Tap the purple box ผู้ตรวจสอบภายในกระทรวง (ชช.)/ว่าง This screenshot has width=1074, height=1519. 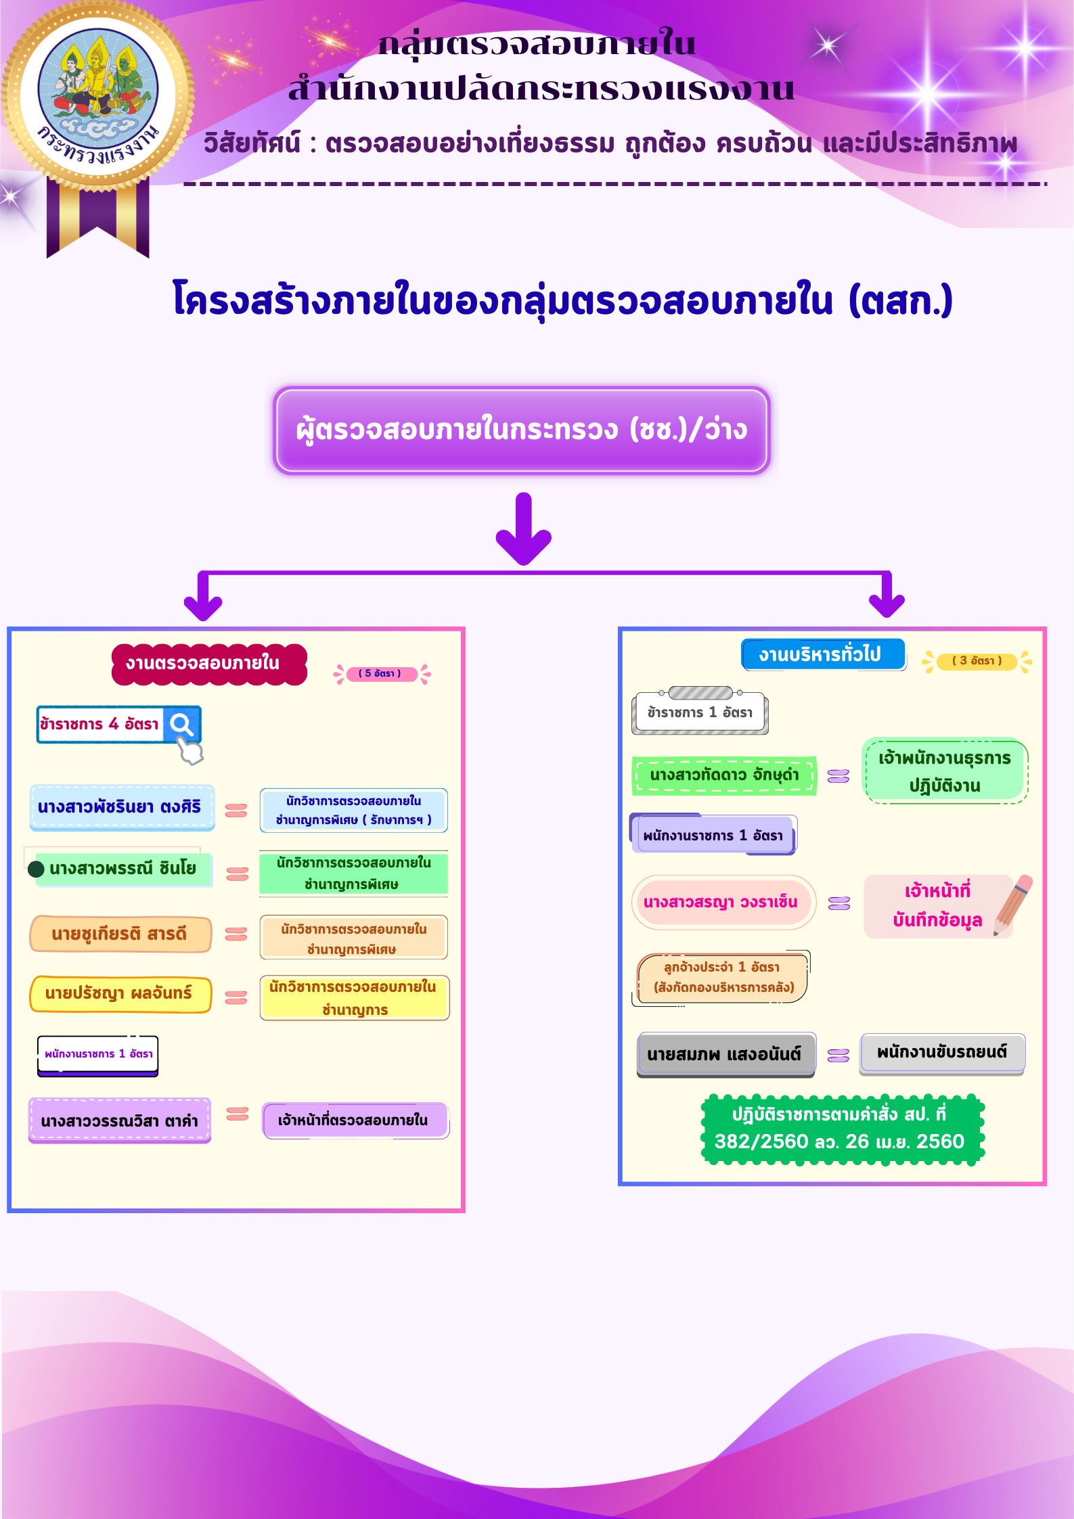(x=521, y=430)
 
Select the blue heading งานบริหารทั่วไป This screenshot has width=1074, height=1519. (x=822, y=654)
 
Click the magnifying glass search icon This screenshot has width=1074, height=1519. (x=182, y=725)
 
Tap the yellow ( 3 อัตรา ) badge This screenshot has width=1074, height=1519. (x=977, y=661)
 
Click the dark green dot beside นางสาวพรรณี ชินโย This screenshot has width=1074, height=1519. (x=37, y=869)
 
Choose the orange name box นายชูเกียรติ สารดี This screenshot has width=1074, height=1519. (x=120, y=934)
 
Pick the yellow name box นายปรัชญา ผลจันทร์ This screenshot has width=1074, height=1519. (x=120, y=994)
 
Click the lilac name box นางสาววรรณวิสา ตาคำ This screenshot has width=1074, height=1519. (x=120, y=1120)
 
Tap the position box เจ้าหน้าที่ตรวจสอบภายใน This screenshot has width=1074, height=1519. (x=354, y=1120)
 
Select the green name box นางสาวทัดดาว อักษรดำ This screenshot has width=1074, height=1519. (x=723, y=775)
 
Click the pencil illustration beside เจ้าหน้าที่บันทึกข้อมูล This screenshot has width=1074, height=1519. (x=1013, y=905)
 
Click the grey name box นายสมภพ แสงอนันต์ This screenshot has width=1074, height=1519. (x=725, y=1054)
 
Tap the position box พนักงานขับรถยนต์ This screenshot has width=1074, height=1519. (x=942, y=1053)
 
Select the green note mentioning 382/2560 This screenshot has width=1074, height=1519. (x=841, y=1129)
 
